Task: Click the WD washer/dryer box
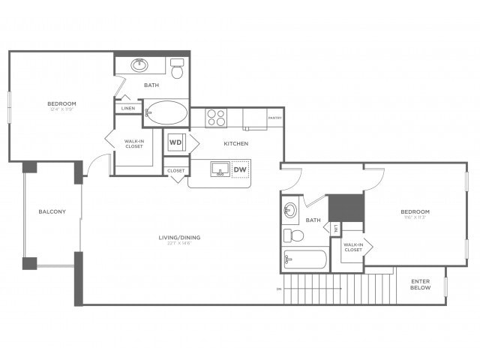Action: coord(175,142)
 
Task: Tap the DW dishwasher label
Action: coord(240,170)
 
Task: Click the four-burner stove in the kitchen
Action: coord(216,118)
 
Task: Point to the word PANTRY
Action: coord(275,118)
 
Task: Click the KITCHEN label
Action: coord(236,143)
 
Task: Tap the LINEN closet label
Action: coord(128,108)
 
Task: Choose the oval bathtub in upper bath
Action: coord(166,112)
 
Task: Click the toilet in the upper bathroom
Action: coord(178,69)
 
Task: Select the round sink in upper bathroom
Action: coord(140,65)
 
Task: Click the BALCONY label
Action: coord(52,211)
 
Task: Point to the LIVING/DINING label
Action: coord(179,238)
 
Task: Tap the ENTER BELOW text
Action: coord(420,283)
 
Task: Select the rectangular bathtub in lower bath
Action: coord(305,261)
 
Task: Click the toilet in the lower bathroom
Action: coord(294,235)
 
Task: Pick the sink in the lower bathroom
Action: coord(291,208)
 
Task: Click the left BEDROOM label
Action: coord(61,103)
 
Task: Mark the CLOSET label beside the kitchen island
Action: coord(176,170)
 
